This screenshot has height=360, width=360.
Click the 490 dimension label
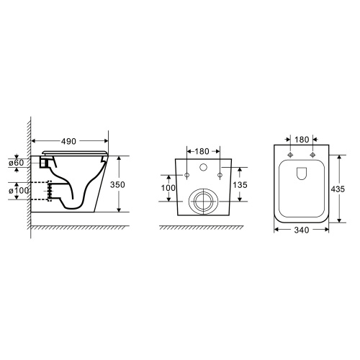pos(68,141)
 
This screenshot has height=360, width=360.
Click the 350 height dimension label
pos(117,184)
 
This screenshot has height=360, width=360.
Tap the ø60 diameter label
pos(17,163)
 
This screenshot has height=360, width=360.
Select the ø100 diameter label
pos(19,191)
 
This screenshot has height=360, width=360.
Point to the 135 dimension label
pos(240,185)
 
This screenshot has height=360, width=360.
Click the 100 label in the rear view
pos(168,188)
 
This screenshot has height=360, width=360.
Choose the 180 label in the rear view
pos(202,151)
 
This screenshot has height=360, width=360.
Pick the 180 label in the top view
pos(302,140)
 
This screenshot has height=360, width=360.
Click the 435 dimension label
pos(338,189)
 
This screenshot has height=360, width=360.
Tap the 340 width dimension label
pos(302,230)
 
